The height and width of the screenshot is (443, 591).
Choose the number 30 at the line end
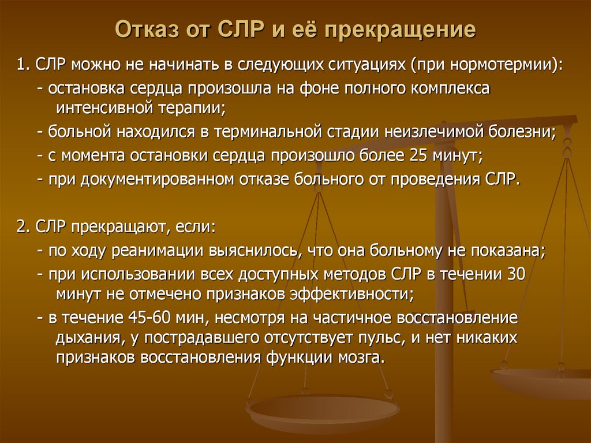coord(514,273)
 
